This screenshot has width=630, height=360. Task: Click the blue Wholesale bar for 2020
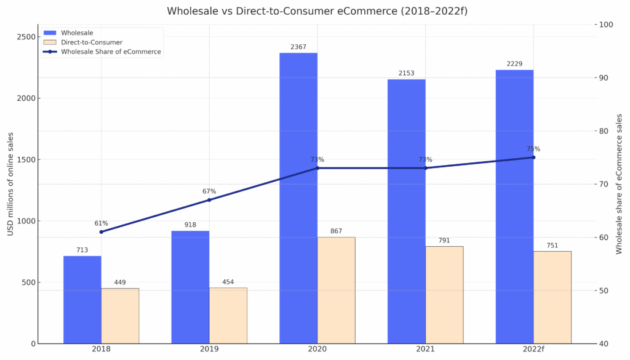pyautogui.click(x=298, y=197)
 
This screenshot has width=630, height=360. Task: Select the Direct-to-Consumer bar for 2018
pyautogui.click(x=120, y=316)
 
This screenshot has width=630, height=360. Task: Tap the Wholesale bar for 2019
pyautogui.click(x=190, y=287)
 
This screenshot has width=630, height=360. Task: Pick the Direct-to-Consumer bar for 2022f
pyautogui.click(x=552, y=297)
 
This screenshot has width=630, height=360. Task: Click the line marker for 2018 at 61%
pyautogui.click(x=102, y=231)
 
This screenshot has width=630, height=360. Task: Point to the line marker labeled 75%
pyautogui.click(x=533, y=158)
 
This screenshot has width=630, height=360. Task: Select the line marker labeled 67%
pyautogui.click(x=209, y=200)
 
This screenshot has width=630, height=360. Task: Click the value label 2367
pyautogui.click(x=298, y=47)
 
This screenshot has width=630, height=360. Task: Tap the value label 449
pyautogui.click(x=120, y=282)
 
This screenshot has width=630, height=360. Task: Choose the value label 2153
pyautogui.click(x=406, y=73)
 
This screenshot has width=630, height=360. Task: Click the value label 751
pyautogui.click(x=552, y=246)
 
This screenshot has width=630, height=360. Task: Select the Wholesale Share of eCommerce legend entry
pyautogui.click(x=111, y=52)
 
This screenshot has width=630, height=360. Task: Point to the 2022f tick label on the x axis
pyautogui.click(x=533, y=350)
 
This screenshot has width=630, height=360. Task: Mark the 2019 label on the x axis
pyautogui.click(x=209, y=350)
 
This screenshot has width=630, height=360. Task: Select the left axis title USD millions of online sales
pyautogui.click(x=10, y=184)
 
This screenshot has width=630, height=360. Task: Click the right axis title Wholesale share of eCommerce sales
pyautogui.click(x=620, y=183)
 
